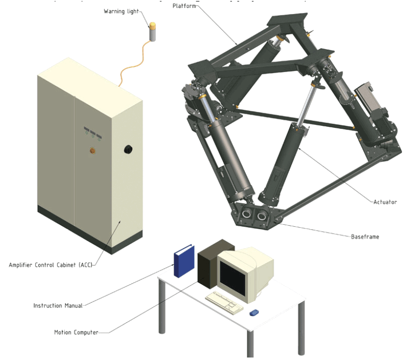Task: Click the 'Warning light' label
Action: (121, 11)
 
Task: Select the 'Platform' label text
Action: (184, 6)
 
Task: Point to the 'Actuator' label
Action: (385, 202)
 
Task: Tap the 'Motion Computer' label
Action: (76, 332)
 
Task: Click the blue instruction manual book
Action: (183, 260)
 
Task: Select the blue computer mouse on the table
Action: (254, 313)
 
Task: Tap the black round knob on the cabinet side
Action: (128, 149)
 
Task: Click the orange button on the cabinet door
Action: (92, 149)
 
